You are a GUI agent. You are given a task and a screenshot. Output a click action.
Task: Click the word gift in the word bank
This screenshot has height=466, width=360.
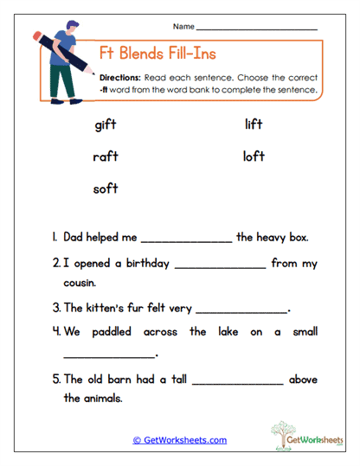pyautogui.click(x=105, y=125)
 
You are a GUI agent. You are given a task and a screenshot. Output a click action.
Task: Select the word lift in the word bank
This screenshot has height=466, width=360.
pyautogui.click(x=254, y=125)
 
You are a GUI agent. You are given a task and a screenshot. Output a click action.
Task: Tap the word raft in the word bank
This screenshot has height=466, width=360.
pyautogui.click(x=105, y=156)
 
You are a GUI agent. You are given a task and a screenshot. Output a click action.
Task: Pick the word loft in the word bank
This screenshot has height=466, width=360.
pyautogui.click(x=254, y=156)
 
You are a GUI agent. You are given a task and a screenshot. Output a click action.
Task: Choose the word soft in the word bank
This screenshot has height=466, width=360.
pyautogui.click(x=105, y=188)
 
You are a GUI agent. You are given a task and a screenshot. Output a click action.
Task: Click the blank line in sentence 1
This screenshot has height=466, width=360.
pyautogui.click(x=186, y=241)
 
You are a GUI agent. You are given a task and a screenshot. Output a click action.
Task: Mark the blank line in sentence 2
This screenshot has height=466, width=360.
pyautogui.click(x=220, y=268)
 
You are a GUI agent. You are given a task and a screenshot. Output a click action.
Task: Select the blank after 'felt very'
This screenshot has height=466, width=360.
pyautogui.click(x=242, y=310)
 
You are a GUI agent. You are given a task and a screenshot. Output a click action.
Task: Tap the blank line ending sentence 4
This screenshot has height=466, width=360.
pyautogui.click(x=109, y=356)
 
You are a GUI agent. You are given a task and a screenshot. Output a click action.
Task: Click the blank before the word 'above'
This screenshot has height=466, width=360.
pyautogui.click(x=238, y=383)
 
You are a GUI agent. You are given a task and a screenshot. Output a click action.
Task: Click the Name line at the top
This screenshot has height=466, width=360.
pyautogui.click(x=257, y=29)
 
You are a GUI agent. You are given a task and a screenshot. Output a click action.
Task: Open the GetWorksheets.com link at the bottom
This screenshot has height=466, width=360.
pyautogui.click(x=180, y=440)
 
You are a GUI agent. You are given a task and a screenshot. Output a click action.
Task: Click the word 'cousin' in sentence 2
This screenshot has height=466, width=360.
pyautogui.click(x=80, y=283)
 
